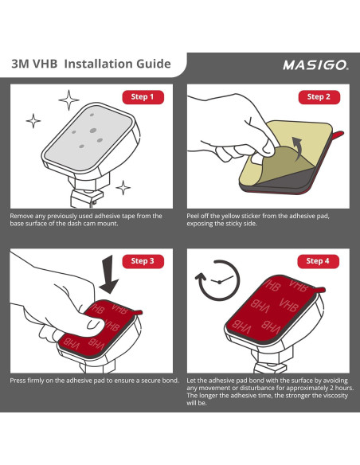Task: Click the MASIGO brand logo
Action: [x=316, y=65]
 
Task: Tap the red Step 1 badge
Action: [x=143, y=97]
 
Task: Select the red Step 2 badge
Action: [x=319, y=97]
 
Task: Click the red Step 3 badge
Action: [x=143, y=261]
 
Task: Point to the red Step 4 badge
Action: [x=319, y=261]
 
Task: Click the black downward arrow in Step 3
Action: [x=108, y=275]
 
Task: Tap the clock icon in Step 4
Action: [x=219, y=280]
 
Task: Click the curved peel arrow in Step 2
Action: [x=298, y=148]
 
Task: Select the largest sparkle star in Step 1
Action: [x=68, y=100]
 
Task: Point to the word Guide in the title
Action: [x=154, y=64]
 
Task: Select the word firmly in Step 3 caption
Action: [x=36, y=381]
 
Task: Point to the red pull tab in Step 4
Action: [x=319, y=290]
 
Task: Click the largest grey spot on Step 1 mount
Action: [x=93, y=131]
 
